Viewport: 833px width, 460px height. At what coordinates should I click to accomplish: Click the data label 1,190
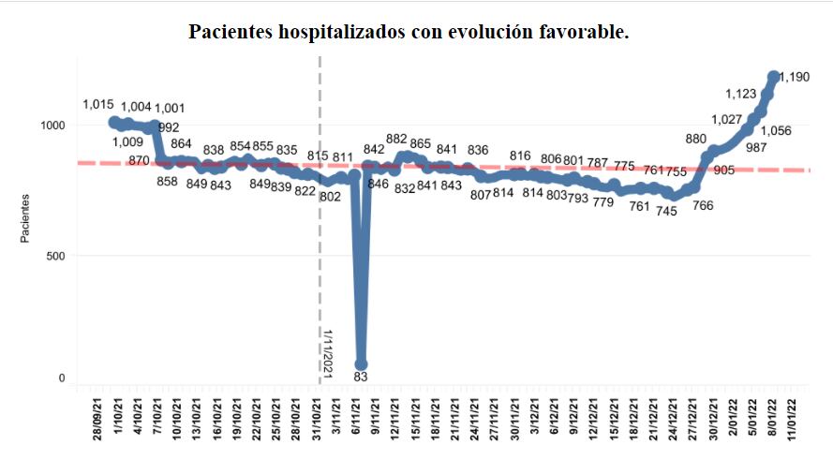(x=796, y=77)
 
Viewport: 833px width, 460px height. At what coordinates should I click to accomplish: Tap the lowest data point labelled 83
(x=361, y=364)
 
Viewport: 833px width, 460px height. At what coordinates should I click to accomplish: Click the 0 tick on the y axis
(x=60, y=378)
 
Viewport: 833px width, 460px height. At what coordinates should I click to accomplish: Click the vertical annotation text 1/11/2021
(x=328, y=351)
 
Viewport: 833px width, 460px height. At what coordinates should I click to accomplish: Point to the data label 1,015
(x=97, y=104)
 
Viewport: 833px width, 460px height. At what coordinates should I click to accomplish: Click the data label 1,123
(x=742, y=94)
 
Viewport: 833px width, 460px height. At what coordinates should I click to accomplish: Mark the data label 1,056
(x=777, y=131)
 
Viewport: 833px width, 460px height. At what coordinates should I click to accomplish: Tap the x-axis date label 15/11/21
(x=413, y=423)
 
